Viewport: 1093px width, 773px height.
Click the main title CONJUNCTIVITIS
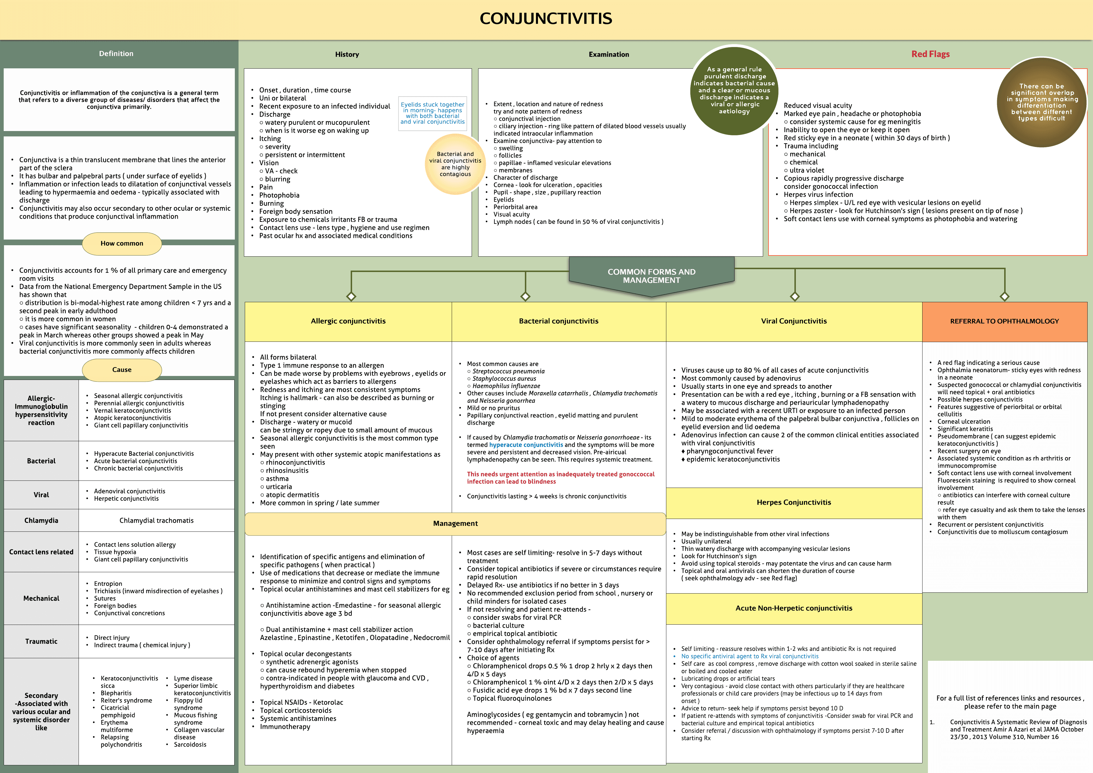click(546, 19)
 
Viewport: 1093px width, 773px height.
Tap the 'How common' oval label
click(122, 244)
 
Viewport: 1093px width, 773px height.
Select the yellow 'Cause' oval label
click(122, 370)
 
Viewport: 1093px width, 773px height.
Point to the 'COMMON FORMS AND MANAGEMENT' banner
click(651, 276)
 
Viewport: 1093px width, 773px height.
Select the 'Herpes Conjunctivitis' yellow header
click(794, 502)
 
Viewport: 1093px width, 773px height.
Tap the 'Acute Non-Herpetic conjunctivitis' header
click(794, 608)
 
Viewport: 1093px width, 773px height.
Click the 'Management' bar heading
click(455, 523)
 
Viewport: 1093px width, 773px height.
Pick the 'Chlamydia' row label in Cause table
click(42, 521)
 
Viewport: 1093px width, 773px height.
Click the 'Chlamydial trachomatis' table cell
click(156, 521)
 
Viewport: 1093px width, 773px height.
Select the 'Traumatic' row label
click(42, 641)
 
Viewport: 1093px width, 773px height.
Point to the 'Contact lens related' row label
click(42, 552)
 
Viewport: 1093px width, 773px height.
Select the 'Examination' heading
click(608, 55)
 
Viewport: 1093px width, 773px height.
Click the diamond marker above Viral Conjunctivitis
click(794, 297)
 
